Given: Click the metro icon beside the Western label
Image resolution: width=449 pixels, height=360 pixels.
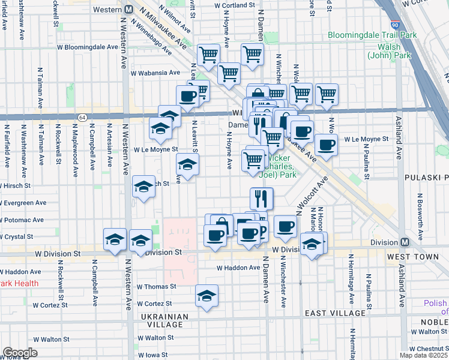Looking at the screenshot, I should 129,10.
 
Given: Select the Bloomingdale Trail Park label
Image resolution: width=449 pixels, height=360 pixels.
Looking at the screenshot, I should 372,35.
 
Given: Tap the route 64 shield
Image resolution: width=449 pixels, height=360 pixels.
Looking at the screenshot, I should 82,117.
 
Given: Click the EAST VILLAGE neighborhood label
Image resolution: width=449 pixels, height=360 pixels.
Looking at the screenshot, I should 335,313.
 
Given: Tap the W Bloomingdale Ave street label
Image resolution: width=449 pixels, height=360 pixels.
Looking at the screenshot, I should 88,46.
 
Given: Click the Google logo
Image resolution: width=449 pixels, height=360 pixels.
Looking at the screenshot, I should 20,353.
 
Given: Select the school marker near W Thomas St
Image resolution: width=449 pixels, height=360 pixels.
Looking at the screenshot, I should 206,296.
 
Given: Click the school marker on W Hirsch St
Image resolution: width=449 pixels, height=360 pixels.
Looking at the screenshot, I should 144,188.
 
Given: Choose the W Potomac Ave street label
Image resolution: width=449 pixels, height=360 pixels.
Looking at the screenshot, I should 25,220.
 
